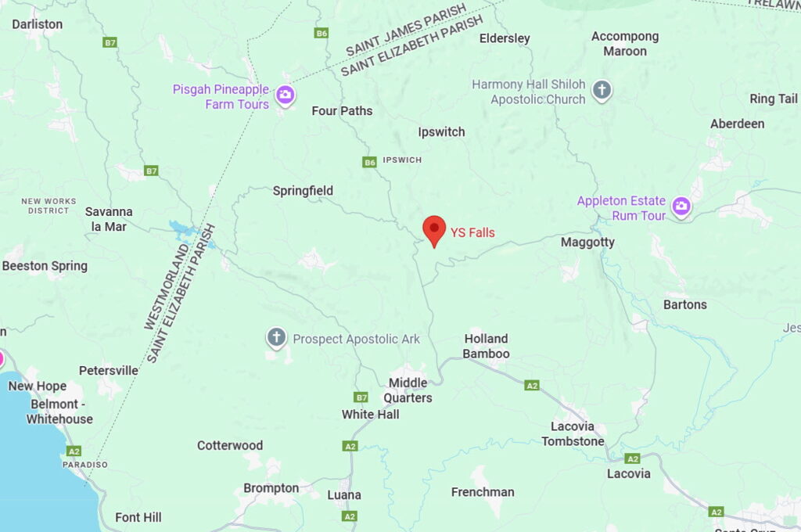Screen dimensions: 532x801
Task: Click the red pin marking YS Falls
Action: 434,230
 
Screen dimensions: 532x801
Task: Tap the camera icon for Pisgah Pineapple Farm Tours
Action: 286,95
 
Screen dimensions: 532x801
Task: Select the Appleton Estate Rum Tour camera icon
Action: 682,207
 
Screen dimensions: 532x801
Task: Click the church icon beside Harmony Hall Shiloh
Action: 602,90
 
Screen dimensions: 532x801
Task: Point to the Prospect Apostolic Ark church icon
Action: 276,338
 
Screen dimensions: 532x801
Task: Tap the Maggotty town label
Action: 587,243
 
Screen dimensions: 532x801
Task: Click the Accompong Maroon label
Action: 624,44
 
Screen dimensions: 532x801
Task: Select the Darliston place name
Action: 37,24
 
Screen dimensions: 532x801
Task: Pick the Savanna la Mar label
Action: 109,219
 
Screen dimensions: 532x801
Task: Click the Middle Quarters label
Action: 410,390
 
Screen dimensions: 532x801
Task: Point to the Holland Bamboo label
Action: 486,347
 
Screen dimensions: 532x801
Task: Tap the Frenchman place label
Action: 483,492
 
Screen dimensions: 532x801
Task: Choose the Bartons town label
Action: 684,304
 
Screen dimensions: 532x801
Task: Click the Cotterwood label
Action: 230,445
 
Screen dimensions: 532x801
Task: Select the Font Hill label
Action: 138,517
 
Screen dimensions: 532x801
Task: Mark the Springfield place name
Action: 303,191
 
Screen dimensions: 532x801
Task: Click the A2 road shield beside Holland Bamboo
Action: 532,386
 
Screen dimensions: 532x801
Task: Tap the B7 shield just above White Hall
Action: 361,397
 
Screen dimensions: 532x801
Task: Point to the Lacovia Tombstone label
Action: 573,434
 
